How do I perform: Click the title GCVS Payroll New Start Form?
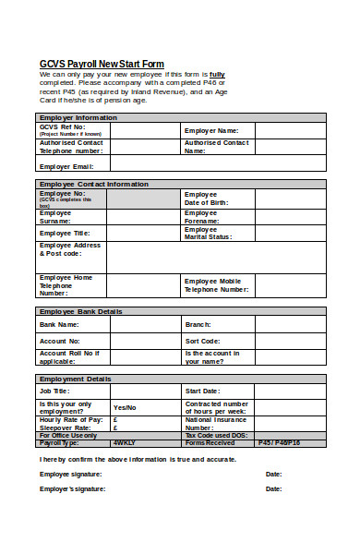point(102,64)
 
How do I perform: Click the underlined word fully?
point(217,74)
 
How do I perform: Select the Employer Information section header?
point(78,117)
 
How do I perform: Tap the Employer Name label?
point(211,130)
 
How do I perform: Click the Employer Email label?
point(66,166)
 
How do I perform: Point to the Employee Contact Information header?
point(95,184)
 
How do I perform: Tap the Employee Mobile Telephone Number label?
point(217,284)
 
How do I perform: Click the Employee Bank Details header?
point(81,312)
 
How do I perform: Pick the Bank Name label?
point(59,324)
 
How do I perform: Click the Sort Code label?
point(203,341)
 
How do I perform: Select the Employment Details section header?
point(75,379)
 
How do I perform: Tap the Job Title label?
point(55,391)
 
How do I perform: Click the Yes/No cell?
point(125,407)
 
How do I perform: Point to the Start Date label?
point(203,391)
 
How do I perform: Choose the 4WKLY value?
point(125,442)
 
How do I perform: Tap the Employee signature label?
point(71,474)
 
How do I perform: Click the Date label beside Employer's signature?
point(273,488)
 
